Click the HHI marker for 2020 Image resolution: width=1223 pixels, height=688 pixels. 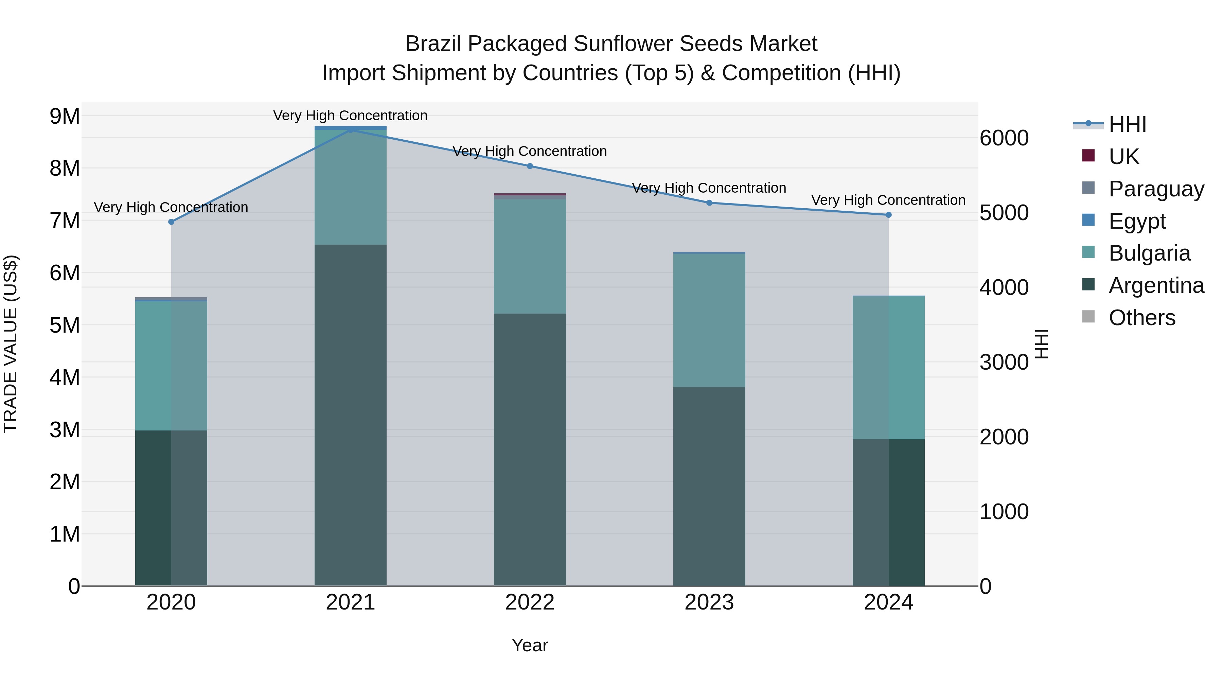coord(172,222)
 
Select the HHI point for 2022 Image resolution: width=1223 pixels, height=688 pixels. coord(530,166)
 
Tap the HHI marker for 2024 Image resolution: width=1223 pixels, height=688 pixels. coord(889,215)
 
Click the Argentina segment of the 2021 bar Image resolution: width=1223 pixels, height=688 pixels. coord(350,416)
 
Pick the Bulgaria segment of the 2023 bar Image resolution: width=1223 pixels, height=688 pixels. coord(709,320)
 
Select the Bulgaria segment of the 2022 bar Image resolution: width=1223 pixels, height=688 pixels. coord(530,257)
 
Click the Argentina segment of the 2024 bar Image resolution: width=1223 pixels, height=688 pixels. coord(889,513)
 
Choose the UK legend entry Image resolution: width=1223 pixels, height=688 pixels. coord(1123,157)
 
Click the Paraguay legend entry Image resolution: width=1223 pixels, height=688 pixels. coord(1156,189)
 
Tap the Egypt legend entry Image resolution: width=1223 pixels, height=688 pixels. coord(1137,221)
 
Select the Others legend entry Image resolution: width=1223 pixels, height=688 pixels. coord(1142,318)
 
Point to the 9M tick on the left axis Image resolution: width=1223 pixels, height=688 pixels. coord(65,116)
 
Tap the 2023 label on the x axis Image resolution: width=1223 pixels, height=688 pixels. coord(709,602)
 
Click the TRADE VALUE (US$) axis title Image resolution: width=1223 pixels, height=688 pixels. coord(11,344)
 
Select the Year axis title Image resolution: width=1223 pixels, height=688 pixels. coord(530,645)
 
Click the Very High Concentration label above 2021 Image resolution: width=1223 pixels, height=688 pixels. coord(350,116)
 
